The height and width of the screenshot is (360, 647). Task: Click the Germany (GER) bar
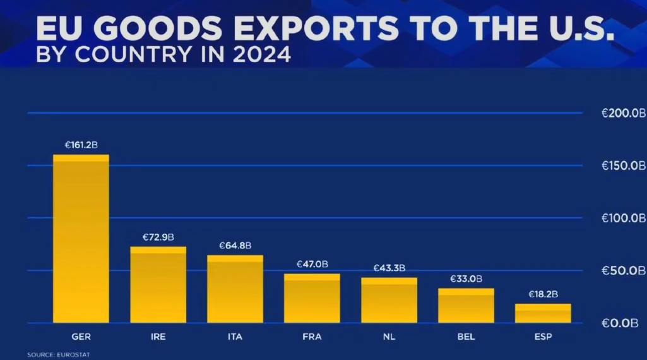tap(81, 239)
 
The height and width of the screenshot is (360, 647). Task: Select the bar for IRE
tap(158, 285)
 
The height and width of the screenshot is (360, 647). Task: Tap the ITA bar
tap(235, 289)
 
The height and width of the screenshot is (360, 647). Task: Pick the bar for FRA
tap(312, 298)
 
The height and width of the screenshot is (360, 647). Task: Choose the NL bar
tap(389, 300)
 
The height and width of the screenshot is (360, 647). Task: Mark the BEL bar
tap(466, 306)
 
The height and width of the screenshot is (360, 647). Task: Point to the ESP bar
tap(543, 313)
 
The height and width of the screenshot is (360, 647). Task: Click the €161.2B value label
tap(81, 145)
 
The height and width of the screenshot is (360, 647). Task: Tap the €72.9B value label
tap(158, 237)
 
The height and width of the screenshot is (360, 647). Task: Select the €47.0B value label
tap(312, 264)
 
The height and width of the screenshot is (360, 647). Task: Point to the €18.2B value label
tap(543, 294)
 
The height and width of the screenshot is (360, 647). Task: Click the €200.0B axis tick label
tap(623, 114)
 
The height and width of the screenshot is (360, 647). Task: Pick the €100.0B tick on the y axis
tap(623, 219)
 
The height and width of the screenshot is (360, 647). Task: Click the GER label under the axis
tap(81, 337)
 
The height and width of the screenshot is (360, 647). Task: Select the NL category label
tap(389, 337)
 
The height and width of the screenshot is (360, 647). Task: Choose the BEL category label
tap(466, 337)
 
